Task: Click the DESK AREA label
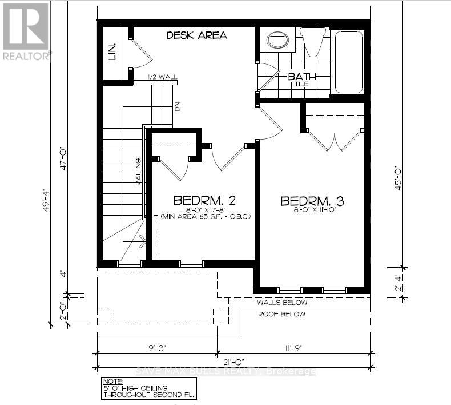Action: pyautogui.click(x=196, y=35)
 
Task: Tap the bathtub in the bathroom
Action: pyautogui.click(x=348, y=61)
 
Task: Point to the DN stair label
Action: pyautogui.click(x=177, y=106)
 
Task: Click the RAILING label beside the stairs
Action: pyautogui.click(x=138, y=172)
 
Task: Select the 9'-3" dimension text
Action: pyautogui.click(x=156, y=347)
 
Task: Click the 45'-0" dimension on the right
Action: pyautogui.click(x=400, y=177)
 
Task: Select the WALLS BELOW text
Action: pyautogui.click(x=282, y=303)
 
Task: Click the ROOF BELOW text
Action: pyautogui.click(x=281, y=315)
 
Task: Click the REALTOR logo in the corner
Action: pyautogui.click(x=26, y=31)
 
